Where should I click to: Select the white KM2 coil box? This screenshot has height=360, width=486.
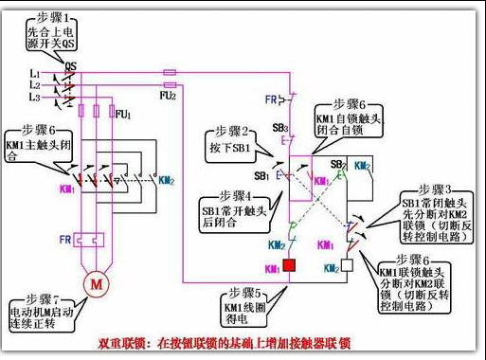pyautogui.click(x=348, y=266)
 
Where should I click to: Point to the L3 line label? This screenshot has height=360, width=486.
pyautogui.click(x=35, y=98)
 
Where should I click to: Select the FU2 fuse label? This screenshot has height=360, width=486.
pyautogui.click(x=167, y=95)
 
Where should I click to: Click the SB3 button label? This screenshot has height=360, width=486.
pyautogui.click(x=279, y=126)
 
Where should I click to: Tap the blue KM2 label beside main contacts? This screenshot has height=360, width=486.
pyautogui.click(x=166, y=179)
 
